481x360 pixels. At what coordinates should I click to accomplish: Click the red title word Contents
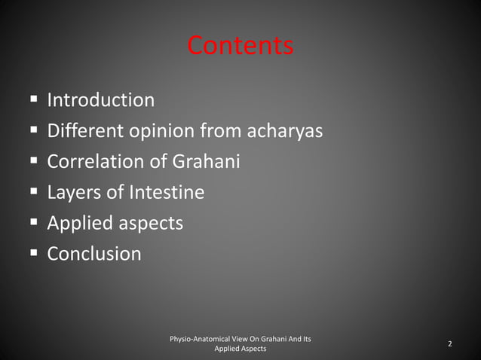pyautogui.click(x=240, y=46)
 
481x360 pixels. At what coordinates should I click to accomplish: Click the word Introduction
pyautogui.click(x=101, y=99)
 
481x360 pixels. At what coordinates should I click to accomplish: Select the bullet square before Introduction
pyautogui.click(x=33, y=99)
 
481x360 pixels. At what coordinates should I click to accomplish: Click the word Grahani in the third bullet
pyautogui.click(x=206, y=162)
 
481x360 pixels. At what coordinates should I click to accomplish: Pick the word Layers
pyautogui.click(x=75, y=194)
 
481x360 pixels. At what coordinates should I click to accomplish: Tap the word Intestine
pyautogui.click(x=166, y=193)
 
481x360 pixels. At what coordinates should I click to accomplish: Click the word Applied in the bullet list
pyautogui.click(x=78, y=224)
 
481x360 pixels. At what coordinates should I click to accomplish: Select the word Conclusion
pyautogui.click(x=94, y=254)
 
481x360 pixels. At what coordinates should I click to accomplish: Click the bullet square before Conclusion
pyautogui.click(x=33, y=254)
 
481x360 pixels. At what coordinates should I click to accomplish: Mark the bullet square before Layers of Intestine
pyautogui.click(x=33, y=193)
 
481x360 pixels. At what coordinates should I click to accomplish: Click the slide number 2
pyautogui.click(x=450, y=344)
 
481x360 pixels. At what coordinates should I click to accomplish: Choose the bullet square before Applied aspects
pyautogui.click(x=33, y=224)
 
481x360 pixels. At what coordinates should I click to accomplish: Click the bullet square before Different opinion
pyautogui.click(x=33, y=131)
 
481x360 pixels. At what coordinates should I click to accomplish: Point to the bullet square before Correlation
pyautogui.click(x=33, y=162)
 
